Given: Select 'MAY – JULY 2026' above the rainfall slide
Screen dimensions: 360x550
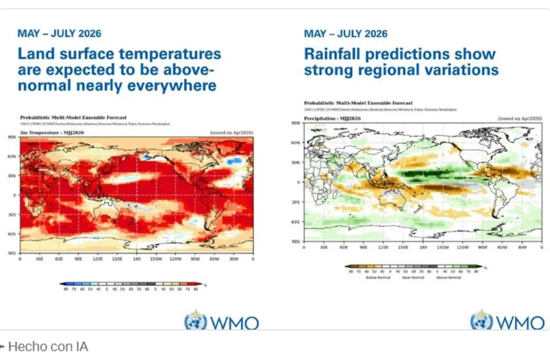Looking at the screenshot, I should (x=346, y=34).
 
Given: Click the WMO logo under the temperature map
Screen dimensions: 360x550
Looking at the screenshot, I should (x=221, y=322).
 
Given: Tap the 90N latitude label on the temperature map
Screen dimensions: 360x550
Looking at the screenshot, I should (x=12, y=137).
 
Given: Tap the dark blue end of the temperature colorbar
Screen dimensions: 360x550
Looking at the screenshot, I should (x=63, y=283).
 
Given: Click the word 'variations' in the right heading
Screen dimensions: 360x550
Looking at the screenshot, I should (x=462, y=70).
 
